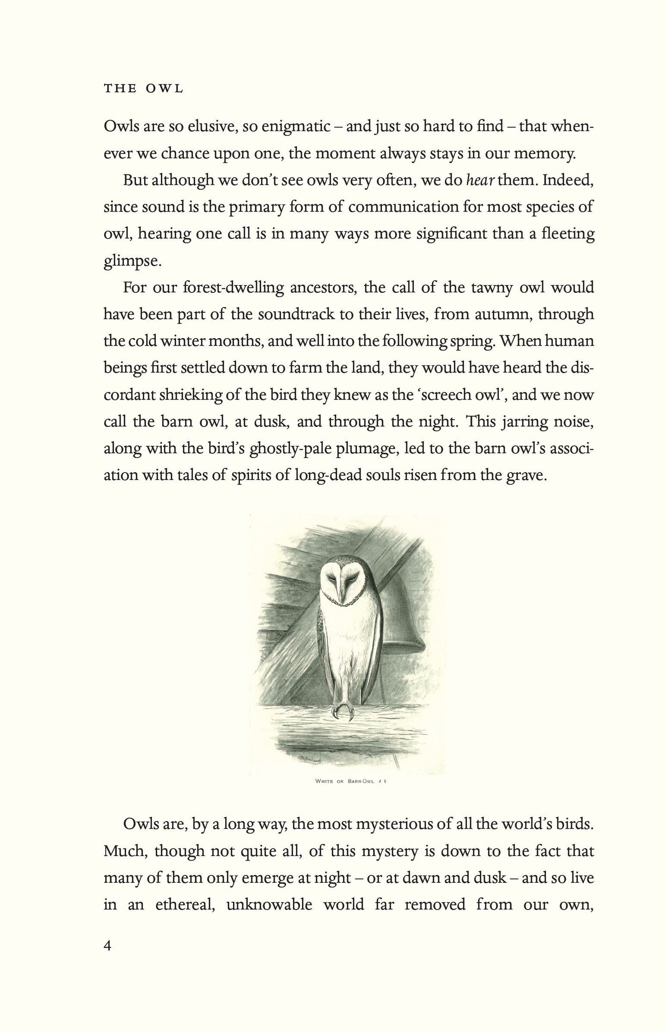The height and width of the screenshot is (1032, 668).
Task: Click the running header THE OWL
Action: [x=143, y=89]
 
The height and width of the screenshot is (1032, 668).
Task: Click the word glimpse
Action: [x=132, y=261]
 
